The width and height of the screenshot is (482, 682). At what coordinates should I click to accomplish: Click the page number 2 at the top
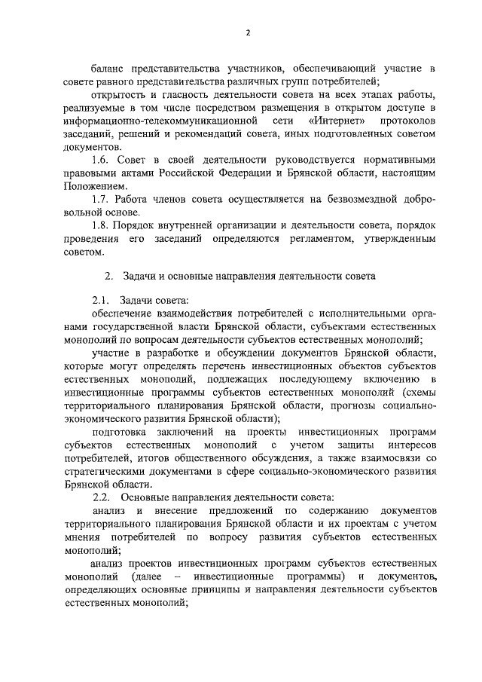tap(248, 32)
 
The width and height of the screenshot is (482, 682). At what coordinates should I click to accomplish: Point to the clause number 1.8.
tap(100, 225)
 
